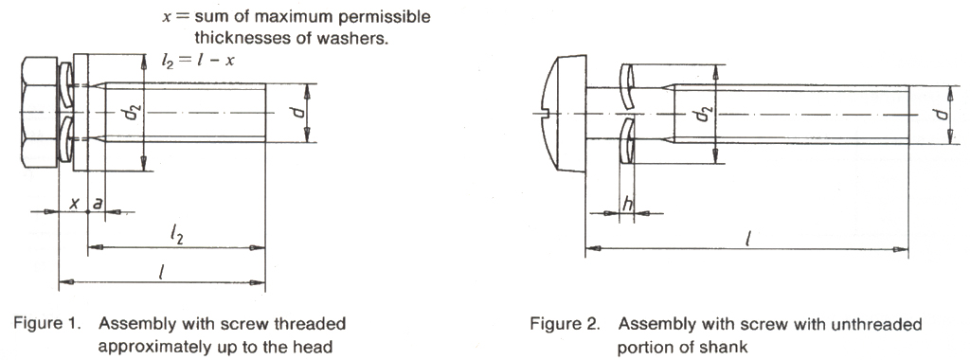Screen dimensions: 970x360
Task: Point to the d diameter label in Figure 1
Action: point(297,113)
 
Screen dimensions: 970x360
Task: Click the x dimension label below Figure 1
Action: point(75,203)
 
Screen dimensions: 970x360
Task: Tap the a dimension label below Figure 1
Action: point(97,203)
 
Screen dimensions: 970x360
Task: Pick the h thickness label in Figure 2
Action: point(627,204)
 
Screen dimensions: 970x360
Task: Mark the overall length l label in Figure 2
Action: point(748,238)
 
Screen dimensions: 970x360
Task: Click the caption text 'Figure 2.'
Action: point(565,324)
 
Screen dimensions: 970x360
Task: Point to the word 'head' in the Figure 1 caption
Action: point(314,347)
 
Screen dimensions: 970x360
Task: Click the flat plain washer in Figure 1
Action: point(81,113)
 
